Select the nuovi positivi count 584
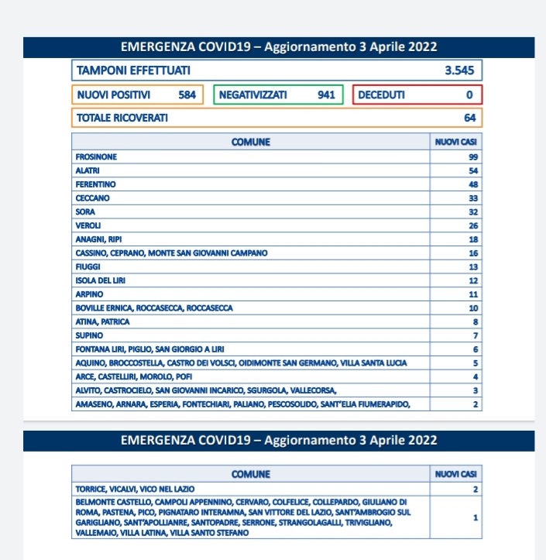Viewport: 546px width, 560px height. pos(187,94)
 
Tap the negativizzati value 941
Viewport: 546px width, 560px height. pos(326,94)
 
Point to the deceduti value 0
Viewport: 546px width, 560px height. pos(469,94)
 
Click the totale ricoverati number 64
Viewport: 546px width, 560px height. pos(469,119)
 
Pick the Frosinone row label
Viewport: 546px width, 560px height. pos(97,156)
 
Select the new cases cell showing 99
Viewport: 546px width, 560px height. pos(472,156)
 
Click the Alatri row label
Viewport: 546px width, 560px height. pos(88,170)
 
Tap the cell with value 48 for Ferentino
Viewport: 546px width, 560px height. pos(472,184)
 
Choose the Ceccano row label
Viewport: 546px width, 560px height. pos(91,198)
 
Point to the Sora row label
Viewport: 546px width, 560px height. pos(85,212)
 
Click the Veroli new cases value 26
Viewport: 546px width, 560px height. pos(472,225)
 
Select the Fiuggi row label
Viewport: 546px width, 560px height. pos(88,266)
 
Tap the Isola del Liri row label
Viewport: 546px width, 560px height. pos(98,280)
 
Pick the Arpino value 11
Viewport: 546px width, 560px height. pos(472,294)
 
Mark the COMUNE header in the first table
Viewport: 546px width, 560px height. pos(251,143)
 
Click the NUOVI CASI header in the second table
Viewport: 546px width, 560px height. pos(456,475)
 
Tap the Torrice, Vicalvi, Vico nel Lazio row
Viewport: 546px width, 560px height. pos(136,489)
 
